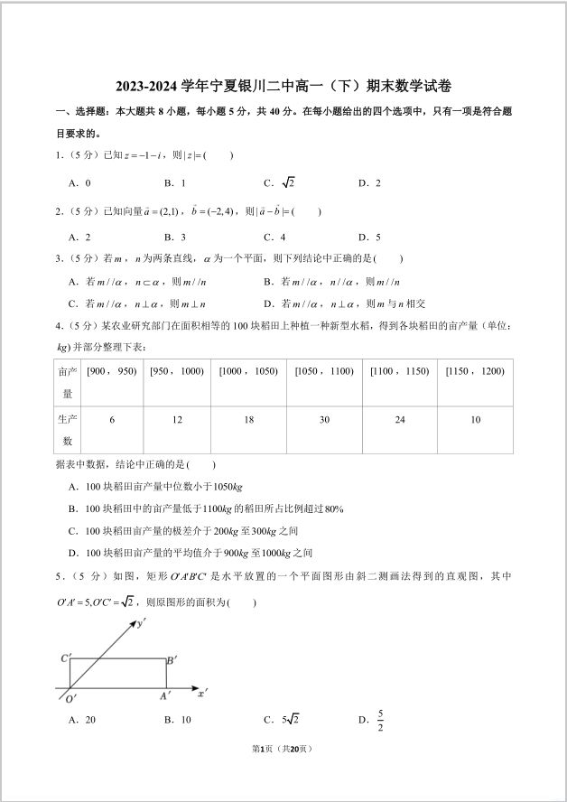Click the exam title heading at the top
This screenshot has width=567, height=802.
(x=283, y=87)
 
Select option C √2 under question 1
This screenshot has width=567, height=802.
(x=280, y=182)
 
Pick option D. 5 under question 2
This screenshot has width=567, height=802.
(x=369, y=238)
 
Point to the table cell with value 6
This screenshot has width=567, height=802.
(x=111, y=420)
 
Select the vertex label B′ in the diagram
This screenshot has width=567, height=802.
(x=172, y=660)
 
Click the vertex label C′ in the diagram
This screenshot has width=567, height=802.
(x=66, y=658)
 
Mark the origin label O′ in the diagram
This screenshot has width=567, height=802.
(x=70, y=698)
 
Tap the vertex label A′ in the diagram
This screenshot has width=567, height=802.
(x=165, y=696)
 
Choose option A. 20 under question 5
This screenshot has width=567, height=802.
(x=82, y=720)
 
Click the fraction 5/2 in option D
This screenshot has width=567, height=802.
(x=381, y=723)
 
